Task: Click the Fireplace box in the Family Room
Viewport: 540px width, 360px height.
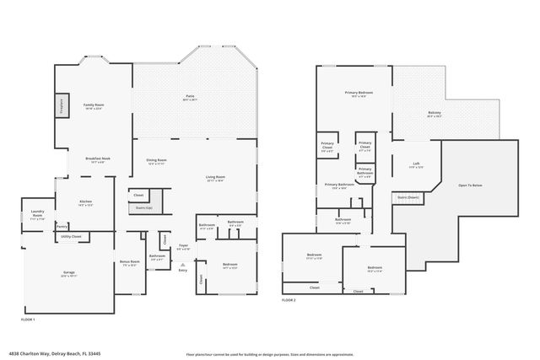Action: (x=61, y=105)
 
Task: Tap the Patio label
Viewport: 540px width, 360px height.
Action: (x=190, y=97)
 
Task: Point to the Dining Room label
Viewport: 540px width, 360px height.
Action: (x=156, y=161)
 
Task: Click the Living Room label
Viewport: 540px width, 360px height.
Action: (x=215, y=178)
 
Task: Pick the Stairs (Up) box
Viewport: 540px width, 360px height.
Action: (x=144, y=207)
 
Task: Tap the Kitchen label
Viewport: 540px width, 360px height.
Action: (x=85, y=202)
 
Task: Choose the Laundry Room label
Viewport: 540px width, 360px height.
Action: (x=37, y=212)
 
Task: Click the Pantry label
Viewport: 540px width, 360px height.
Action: (x=62, y=226)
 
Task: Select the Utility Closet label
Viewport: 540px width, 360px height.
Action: (x=71, y=237)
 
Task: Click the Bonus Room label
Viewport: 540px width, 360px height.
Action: (x=129, y=262)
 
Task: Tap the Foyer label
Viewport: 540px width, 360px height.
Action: (x=183, y=248)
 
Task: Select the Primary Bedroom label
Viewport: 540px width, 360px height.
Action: (x=358, y=93)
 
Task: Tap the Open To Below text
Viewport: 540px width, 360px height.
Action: (x=470, y=185)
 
